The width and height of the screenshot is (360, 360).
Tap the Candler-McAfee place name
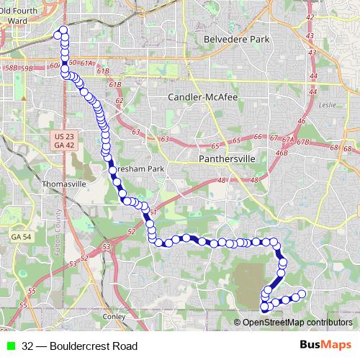tap(202, 96)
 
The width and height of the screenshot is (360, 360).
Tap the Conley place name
tap(114, 315)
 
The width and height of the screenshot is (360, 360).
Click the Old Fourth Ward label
tap(21, 14)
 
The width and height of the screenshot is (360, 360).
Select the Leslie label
tap(328, 104)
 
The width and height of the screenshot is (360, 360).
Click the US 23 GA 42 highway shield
tap(64, 140)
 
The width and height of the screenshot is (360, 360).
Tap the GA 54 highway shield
tap(21, 236)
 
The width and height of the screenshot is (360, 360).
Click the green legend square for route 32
tap(11, 346)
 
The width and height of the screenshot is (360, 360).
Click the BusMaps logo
tap(325, 345)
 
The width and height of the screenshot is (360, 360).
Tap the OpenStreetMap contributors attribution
tap(297, 323)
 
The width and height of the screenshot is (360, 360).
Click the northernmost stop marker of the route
tap(63, 30)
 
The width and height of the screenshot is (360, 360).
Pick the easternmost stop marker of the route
tap(302, 293)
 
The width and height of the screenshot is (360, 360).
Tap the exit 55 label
tap(31, 291)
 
